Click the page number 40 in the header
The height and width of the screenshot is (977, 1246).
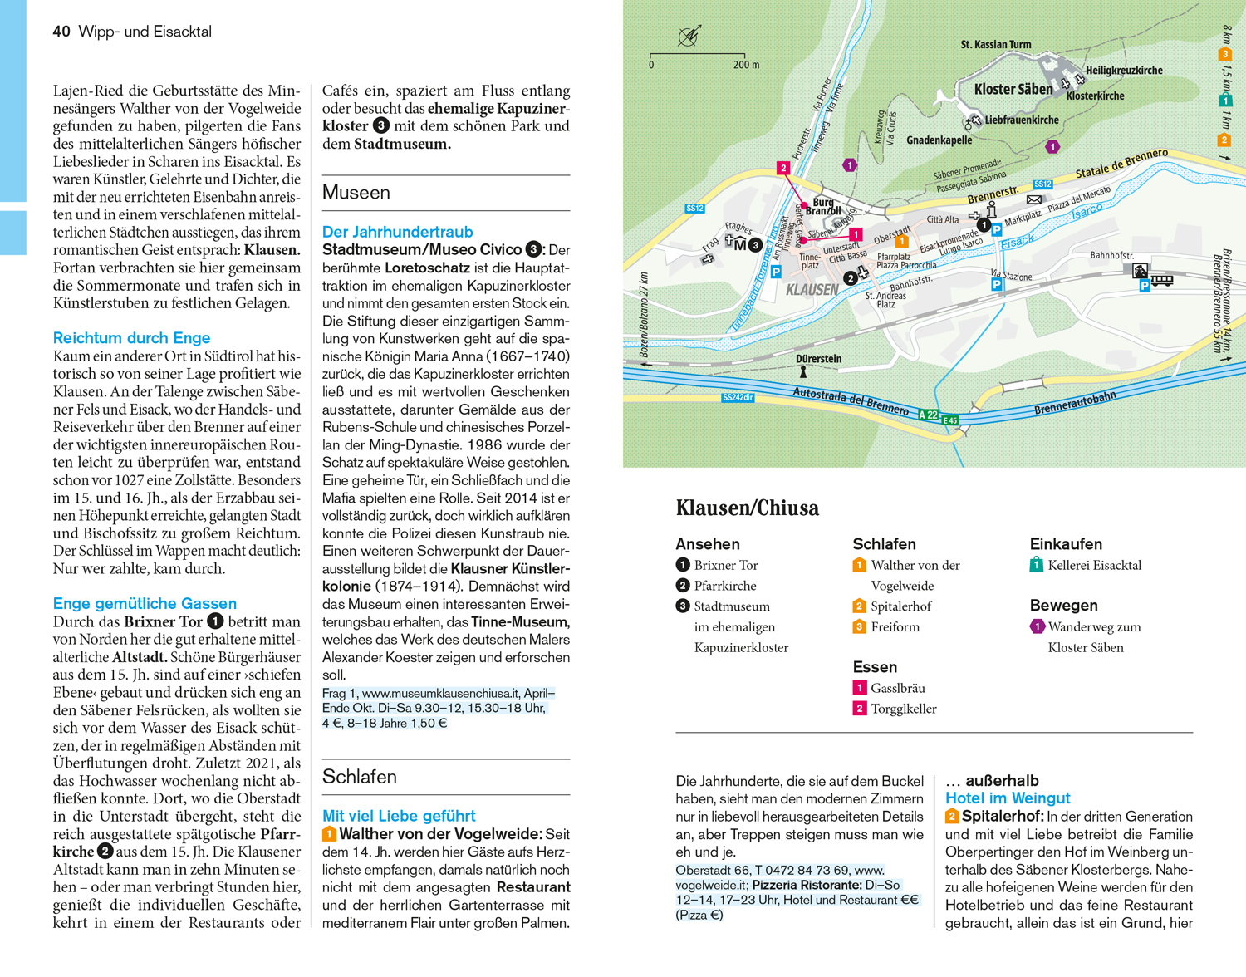click(x=61, y=32)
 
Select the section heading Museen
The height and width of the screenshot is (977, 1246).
click(x=356, y=193)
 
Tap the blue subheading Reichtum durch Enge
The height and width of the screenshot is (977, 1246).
click(x=131, y=338)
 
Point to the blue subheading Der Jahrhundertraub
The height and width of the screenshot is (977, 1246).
click(x=397, y=233)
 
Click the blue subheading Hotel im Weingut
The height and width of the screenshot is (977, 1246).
click(x=1008, y=798)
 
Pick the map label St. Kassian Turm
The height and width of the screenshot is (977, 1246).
click(x=995, y=44)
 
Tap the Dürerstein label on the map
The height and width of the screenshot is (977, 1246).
click(x=818, y=359)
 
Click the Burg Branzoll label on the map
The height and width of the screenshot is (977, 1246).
click(x=823, y=206)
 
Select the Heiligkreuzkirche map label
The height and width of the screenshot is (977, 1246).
click(x=1124, y=71)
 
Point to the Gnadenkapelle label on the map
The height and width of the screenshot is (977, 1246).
click(x=939, y=140)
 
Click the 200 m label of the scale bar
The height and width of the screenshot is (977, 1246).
click(x=746, y=65)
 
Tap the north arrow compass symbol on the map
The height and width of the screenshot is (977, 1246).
click(x=689, y=37)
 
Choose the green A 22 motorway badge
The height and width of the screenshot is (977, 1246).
click(x=928, y=414)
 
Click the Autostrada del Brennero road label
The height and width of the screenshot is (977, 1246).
click(x=851, y=400)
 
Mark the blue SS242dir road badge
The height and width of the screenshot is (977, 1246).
click(x=737, y=398)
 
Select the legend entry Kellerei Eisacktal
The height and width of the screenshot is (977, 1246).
click(x=1094, y=566)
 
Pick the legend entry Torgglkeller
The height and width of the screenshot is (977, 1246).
click(x=903, y=709)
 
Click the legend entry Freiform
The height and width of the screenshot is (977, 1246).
click(x=895, y=627)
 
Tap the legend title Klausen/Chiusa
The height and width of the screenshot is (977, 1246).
click(x=747, y=508)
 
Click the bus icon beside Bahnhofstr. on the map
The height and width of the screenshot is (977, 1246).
click(x=1161, y=281)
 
